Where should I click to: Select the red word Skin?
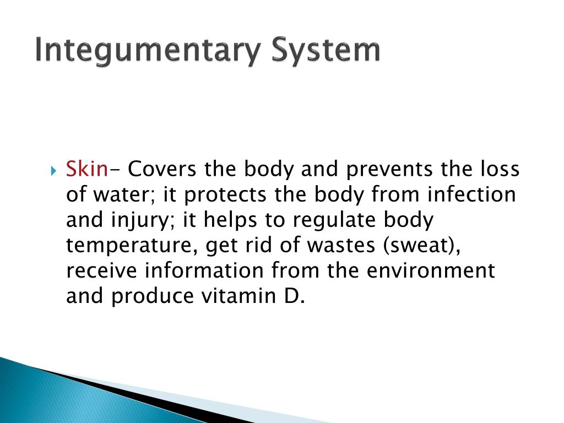[x=86, y=169]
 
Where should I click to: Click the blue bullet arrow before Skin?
[x=54, y=170]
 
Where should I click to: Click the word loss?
[x=499, y=169]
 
